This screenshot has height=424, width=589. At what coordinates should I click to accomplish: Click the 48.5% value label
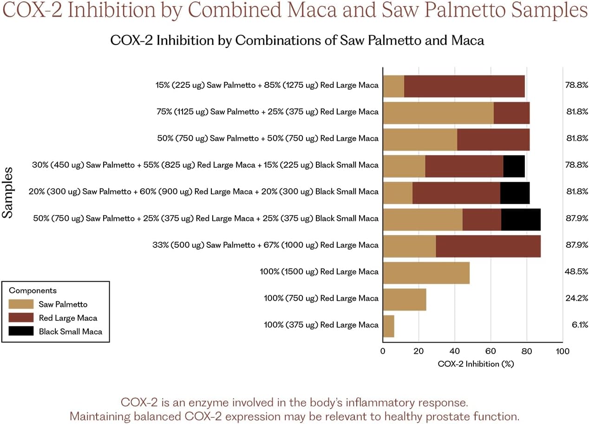[x=576, y=272]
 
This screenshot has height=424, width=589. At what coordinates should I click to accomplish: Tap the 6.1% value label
[x=580, y=325]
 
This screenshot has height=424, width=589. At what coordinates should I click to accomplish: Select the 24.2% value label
[x=576, y=298]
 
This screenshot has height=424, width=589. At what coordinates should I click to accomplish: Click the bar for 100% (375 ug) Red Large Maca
[x=389, y=326]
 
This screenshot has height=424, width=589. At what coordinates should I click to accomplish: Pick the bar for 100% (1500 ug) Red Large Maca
[x=426, y=273]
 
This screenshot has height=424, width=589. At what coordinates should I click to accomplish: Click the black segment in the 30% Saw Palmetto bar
[x=514, y=166]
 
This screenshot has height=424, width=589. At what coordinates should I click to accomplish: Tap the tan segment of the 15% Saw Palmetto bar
[x=393, y=86]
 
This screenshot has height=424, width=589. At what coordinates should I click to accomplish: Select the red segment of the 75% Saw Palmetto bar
[x=512, y=113]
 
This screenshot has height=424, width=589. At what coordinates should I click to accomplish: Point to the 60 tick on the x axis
[x=491, y=351]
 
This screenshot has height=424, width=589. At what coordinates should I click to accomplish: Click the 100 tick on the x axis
[x=563, y=351]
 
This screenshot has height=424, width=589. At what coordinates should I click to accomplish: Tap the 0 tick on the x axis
[x=383, y=351]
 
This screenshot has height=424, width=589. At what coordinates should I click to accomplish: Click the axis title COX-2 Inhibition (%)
[x=476, y=364]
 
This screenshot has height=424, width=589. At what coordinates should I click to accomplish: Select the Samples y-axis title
[x=7, y=192]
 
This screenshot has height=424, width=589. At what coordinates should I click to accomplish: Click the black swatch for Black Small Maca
[x=21, y=331]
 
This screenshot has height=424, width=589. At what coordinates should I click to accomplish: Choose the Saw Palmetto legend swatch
[x=21, y=304]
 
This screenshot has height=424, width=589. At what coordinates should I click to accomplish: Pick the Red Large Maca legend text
[x=68, y=318]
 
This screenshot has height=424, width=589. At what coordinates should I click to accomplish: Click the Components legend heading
[x=33, y=291]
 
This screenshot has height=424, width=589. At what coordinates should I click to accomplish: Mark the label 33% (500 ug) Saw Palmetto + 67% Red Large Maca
[x=265, y=245]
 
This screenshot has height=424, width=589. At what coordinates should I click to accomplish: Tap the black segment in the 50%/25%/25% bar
[x=521, y=219]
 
